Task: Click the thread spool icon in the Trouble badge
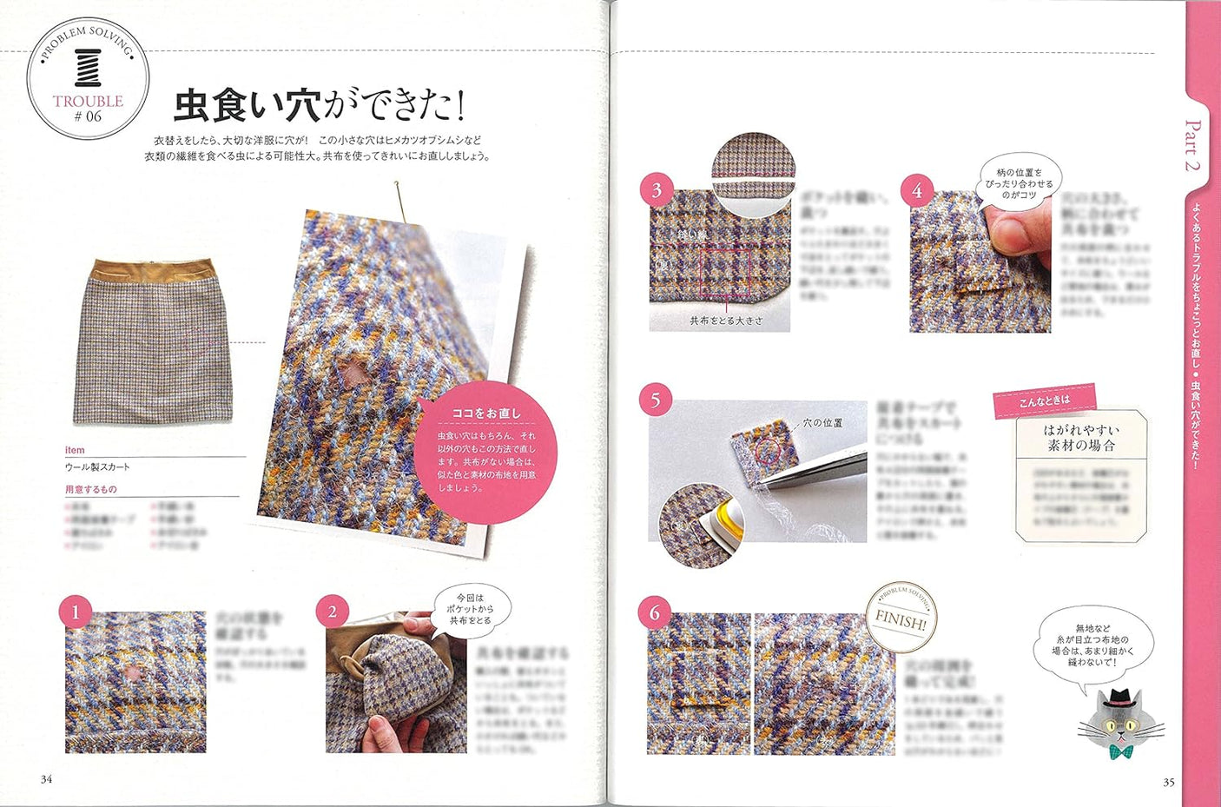click(88, 69)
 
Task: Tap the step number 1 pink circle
click(75, 612)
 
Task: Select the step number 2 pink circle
click(332, 612)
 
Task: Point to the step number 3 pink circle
click(657, 190)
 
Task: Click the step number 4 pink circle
click(917, 190)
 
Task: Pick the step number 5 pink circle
click(655, 400)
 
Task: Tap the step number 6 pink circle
click(655, 612)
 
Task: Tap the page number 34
click(46, 779)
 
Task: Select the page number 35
click(1169, 782)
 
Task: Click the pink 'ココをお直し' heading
click(486, 413)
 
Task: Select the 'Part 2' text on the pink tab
click(1192, 145)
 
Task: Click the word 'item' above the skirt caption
click(75, 450)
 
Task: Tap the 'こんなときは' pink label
click(1045, 400)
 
